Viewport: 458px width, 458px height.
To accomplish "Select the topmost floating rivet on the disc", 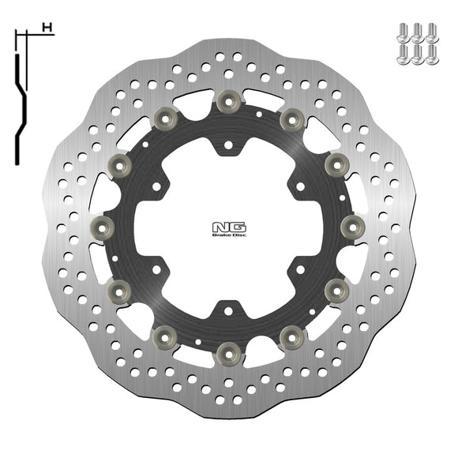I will [x=229, y=99].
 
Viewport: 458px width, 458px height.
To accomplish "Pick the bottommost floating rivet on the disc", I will [x=229, y=349].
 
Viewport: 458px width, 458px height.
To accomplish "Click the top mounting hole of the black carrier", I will [x=228, y=145].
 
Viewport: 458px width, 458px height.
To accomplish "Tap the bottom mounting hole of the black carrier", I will [x=228, y=309].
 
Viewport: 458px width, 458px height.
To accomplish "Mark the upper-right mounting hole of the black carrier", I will [x=300, y=187].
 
